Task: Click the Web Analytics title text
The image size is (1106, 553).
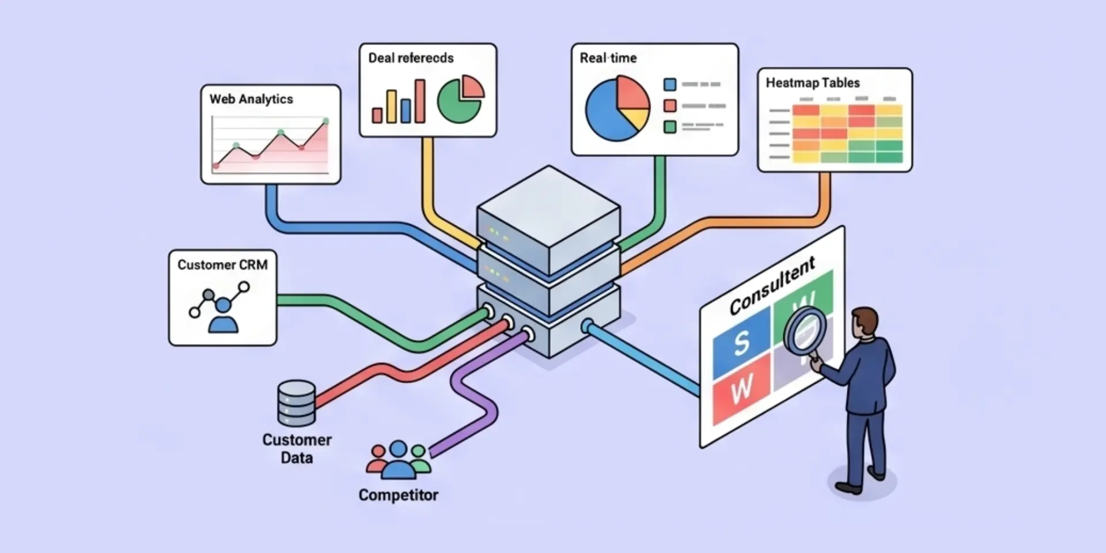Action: click(251, 99)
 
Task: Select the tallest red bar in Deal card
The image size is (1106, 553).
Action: click(420, 101)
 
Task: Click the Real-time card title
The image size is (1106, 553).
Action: click(608, 58)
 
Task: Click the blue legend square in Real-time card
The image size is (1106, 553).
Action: click(670, 84)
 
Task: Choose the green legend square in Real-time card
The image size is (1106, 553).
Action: click(670, 127)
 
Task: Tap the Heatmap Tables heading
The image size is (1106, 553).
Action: click(813, 83)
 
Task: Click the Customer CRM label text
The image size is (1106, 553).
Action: click(222, 265)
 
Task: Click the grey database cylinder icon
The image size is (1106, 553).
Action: click(297, 403)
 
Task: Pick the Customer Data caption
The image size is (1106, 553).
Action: click(297, 449)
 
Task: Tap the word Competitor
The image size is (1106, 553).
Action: click(399, 495)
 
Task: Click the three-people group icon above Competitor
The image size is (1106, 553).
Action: click(399, 460)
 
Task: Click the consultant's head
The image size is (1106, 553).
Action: click(864, 324)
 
